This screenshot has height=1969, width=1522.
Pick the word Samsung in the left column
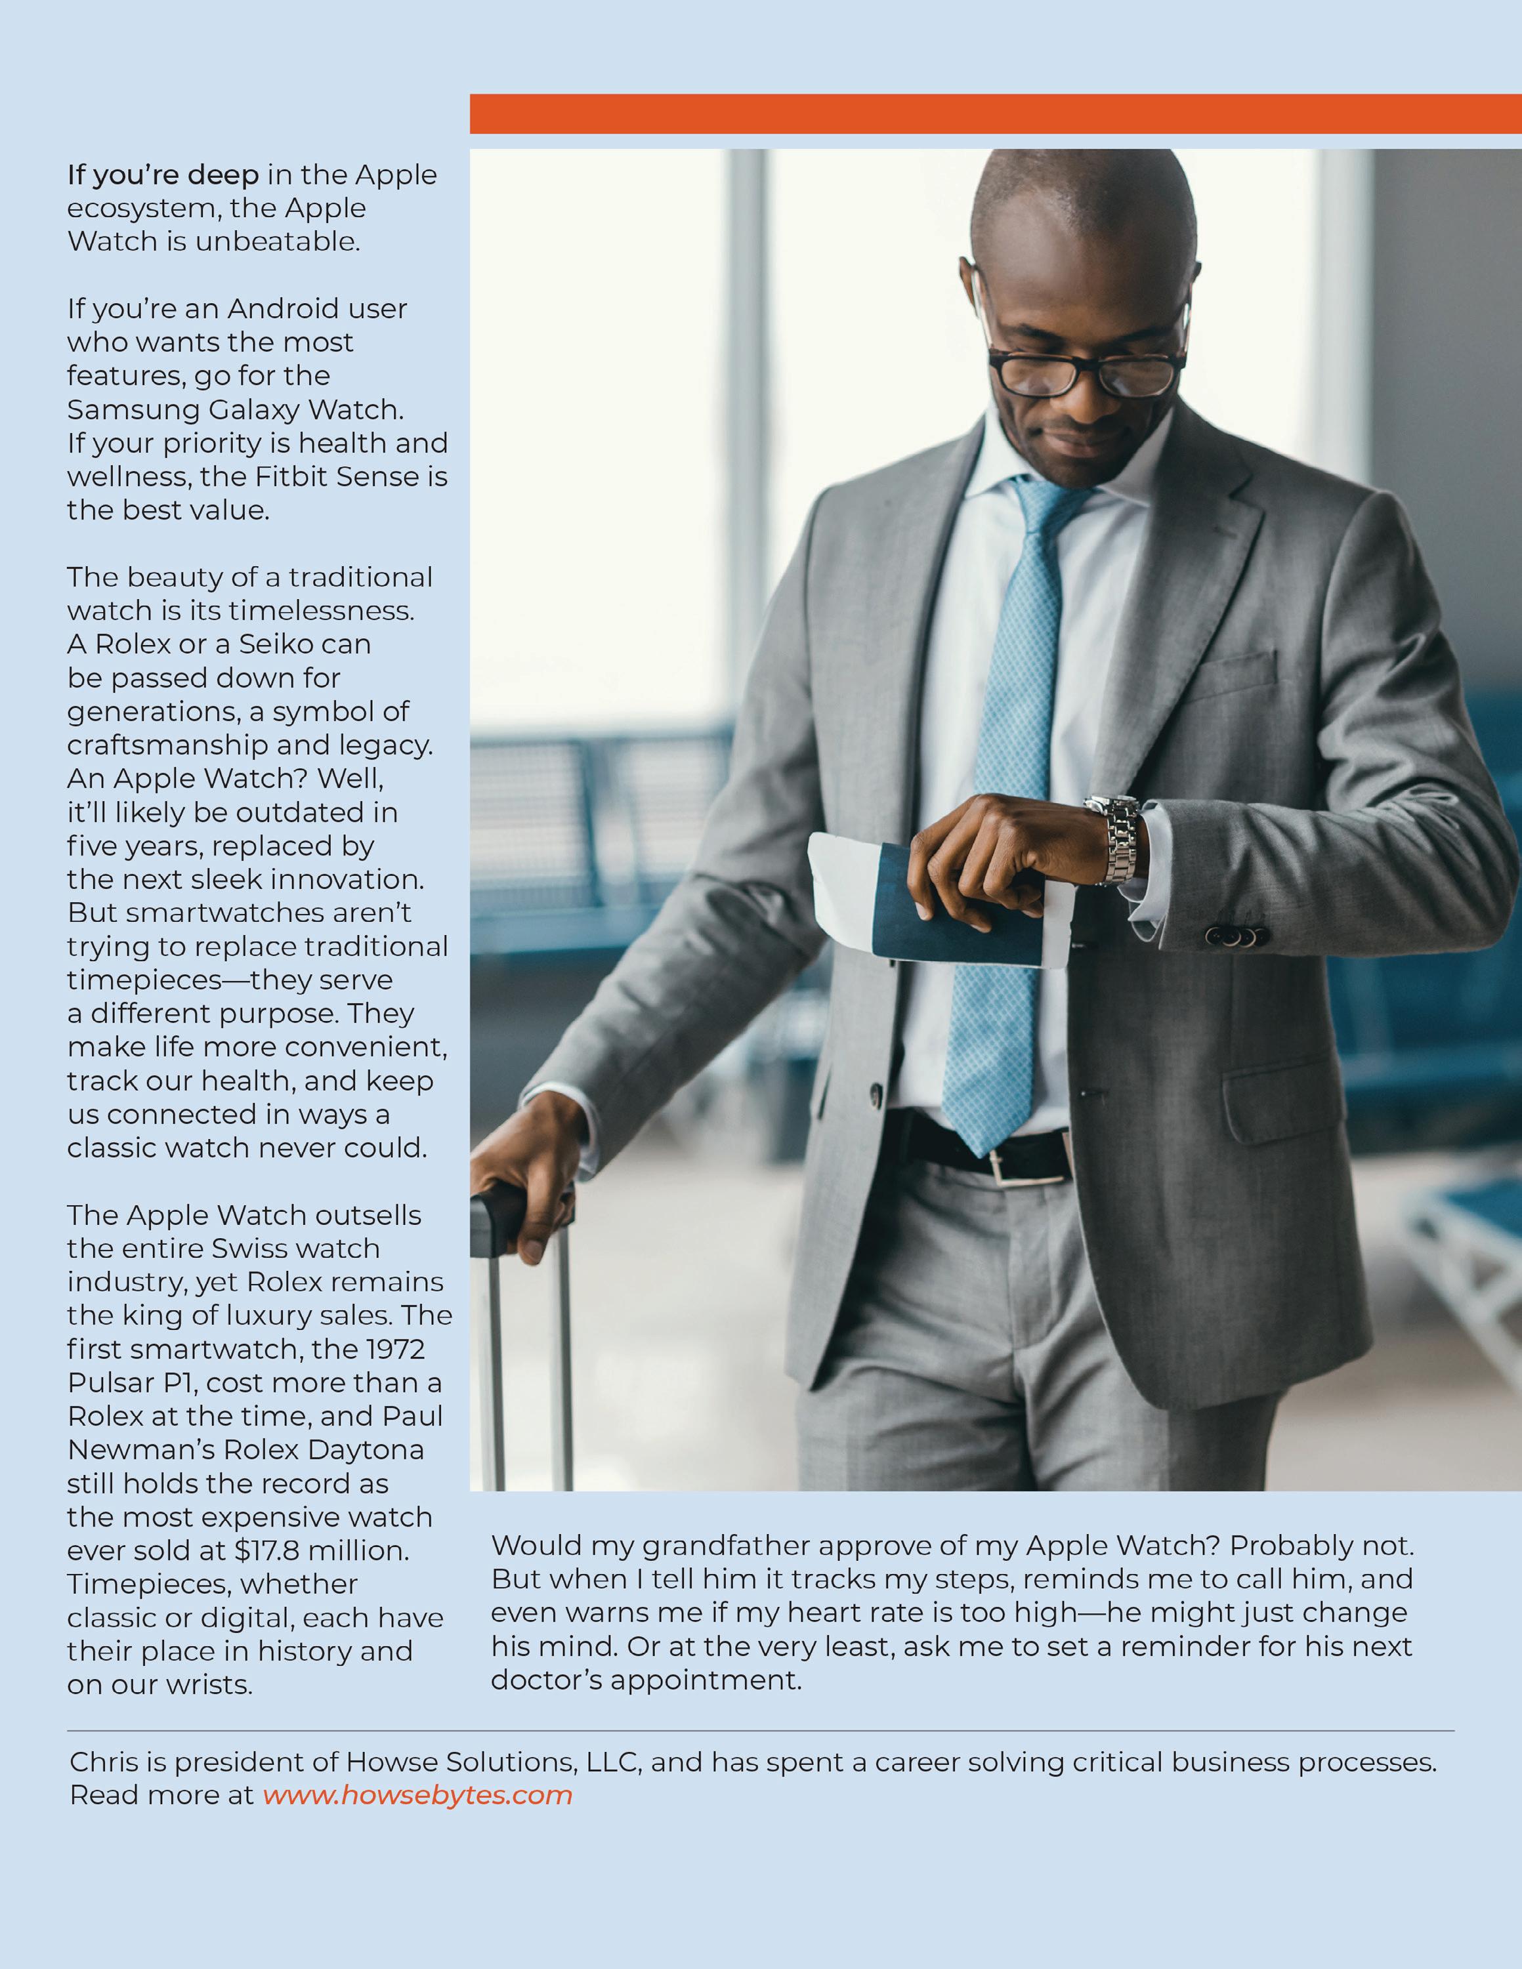(x=133, y=410)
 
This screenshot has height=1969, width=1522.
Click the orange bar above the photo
(x=996, y=114)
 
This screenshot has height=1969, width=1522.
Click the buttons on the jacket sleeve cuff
(x=1231, y=937)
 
